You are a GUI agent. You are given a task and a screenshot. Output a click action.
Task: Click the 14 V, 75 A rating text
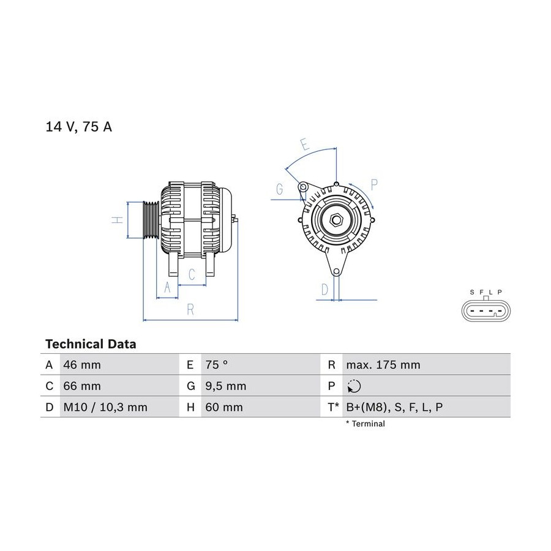pyautogui.click(x=79, y=127)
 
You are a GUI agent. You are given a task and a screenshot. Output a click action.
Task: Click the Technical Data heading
pyautogui.click(x=91, y=343)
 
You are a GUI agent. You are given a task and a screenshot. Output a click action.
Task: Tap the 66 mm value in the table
pyautogui.click(x=82, y=386)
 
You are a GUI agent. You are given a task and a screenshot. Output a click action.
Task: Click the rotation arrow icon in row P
pyautogui.click(x=354, y=386)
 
